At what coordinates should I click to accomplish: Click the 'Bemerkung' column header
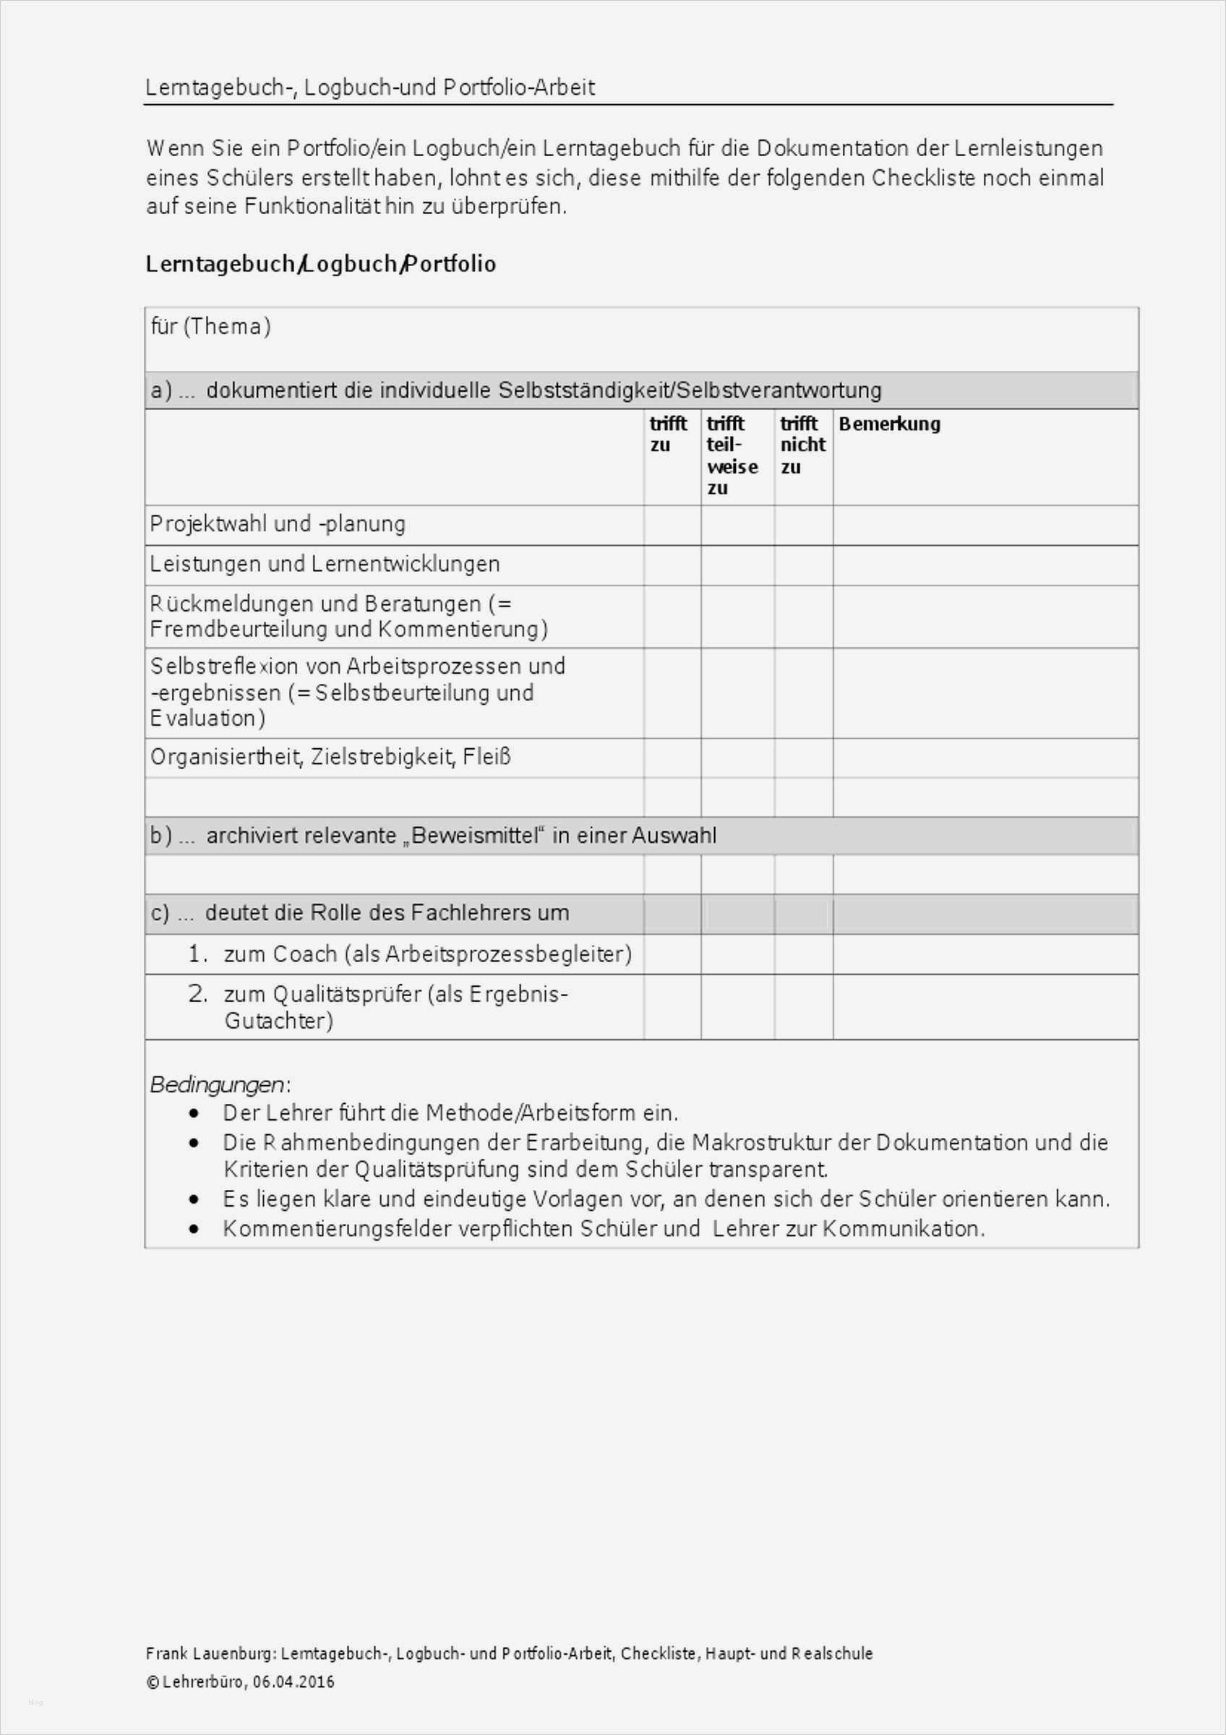(x=889, y=424)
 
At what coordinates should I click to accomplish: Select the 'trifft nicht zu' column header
(x=802, y=445)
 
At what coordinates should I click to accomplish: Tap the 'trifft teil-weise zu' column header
(x=732, y=455)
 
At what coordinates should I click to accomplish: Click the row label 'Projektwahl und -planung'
(x=278, y=523)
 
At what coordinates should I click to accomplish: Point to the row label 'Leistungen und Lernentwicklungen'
(x=325, y=564)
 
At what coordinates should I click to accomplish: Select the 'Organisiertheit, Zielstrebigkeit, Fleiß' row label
(x=330, y=756)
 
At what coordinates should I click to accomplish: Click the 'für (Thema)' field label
(x=211, y=327)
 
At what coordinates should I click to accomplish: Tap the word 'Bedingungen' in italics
(x=218, y=1085)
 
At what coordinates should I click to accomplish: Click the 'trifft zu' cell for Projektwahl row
(x=672, y=525)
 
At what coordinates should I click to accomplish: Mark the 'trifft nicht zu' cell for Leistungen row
(x=803, y=565)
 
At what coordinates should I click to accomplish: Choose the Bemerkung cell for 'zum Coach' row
(x=985, y=954)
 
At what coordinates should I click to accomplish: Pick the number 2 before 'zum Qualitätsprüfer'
(x=197, y=994)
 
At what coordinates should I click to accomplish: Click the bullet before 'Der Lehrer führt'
(x=196, y=1114)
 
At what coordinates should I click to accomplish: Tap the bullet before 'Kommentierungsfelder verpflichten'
(x=196, y=1230)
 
